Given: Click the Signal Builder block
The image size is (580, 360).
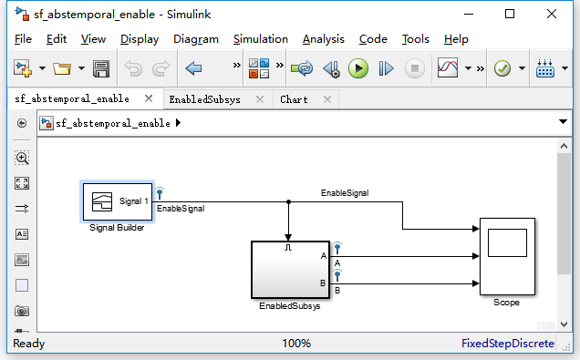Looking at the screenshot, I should click(116, 201).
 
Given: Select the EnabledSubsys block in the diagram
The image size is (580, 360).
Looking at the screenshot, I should click(291, 269).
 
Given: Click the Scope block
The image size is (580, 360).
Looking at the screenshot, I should click(507, 257).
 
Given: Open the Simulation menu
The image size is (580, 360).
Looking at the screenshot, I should click(260, 39).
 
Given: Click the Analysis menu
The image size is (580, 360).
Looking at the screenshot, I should click(323, 39).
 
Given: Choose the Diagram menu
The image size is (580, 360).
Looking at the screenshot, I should click(195, 39).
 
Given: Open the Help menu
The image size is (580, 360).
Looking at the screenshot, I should click(456, 39).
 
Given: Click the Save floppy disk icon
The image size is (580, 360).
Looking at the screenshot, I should click(101, 68).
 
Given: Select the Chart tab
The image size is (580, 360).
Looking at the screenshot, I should click(294, 99).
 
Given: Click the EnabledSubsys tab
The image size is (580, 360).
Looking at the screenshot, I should click(204, 99).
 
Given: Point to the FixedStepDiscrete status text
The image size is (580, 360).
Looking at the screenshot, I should click(507, 344).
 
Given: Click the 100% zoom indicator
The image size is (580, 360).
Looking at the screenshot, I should click(296, 344).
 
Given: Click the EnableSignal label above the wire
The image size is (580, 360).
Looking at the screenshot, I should click(344, 192).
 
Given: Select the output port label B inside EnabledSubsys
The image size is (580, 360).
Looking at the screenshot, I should click(323, 283).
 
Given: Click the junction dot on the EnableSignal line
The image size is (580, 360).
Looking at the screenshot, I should click(288, 201).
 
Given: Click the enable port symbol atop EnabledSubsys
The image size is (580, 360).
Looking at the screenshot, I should click(288, 247).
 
